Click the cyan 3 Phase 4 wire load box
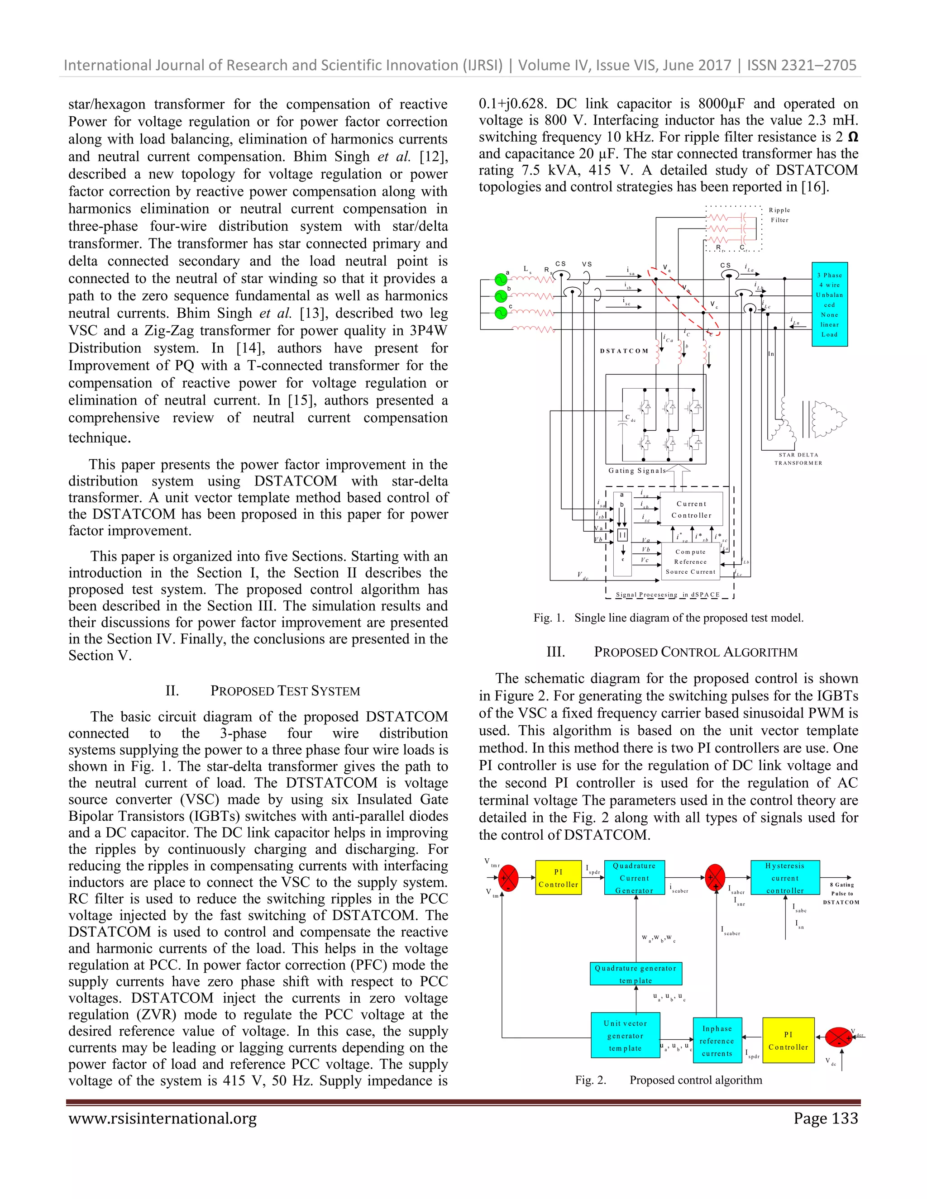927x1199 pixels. pyautogui.click(x=829, y=305)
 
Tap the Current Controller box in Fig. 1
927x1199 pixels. pyautogui.click(x=692, y=509)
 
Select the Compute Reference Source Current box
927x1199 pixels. pyautogui.click(x=690, y=561)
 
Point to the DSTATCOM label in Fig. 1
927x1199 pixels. pyautogui.click(x=624, y=351)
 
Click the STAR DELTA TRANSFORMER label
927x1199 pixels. pyautogui.click(x=798, y=458)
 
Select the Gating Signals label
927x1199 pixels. pyautogui.click(x=636, y=471)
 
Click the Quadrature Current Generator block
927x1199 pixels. pyautogui.click(x=634, y=877)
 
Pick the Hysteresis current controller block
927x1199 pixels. pyautogui.click(x=785, y=877)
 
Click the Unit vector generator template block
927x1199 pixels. pyautogui.click(x=625, y=1035)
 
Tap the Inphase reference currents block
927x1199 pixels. pyautogui.click(x=717, y=1040)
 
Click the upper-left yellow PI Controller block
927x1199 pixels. pyautogui.click(x=558, y=877)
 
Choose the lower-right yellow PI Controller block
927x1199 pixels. pyautogui.click(x=788, y=1040)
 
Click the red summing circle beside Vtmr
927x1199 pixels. pyautogui.click(x=508, y=877)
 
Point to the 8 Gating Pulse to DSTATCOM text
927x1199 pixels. pyautogui.click(x=841, y=893)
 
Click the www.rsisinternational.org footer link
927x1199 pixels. pyautogui.click(x=162, y=1118)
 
